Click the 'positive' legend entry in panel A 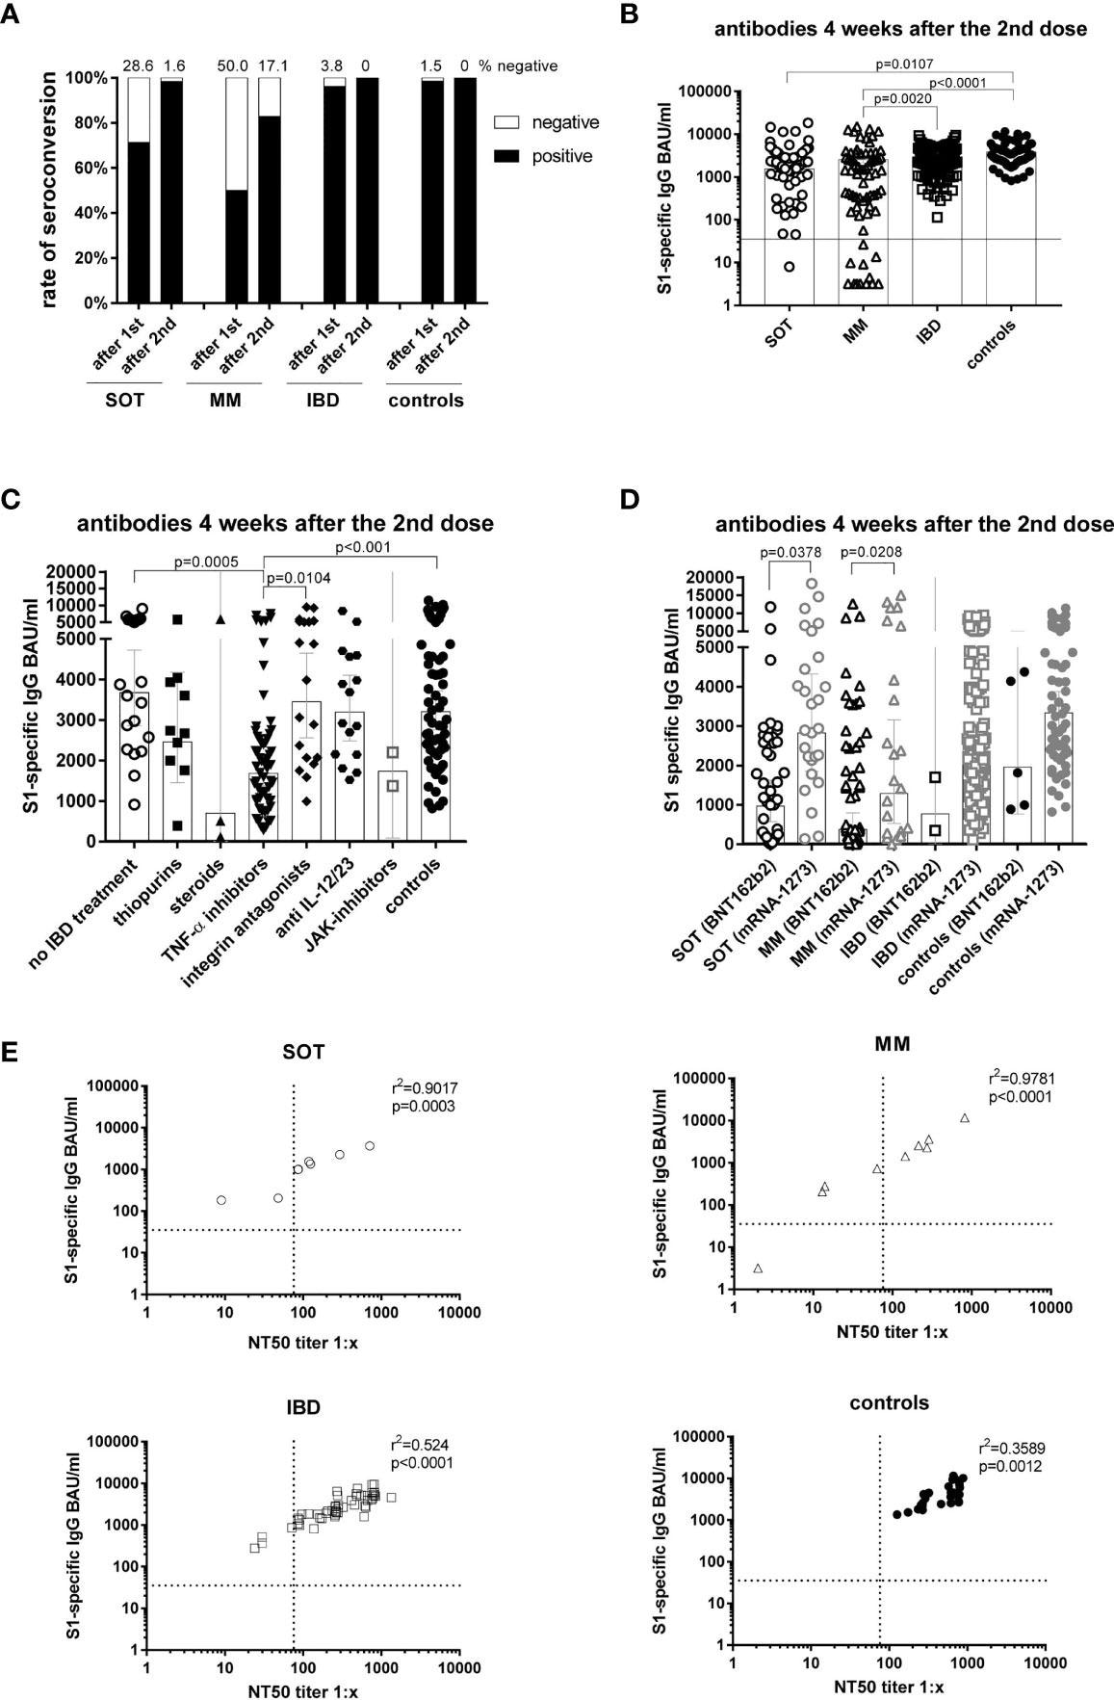click(x=564, y=155)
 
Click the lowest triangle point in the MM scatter click(x=759, y=1268)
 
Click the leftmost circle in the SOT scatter click(x=221, y=1200)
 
